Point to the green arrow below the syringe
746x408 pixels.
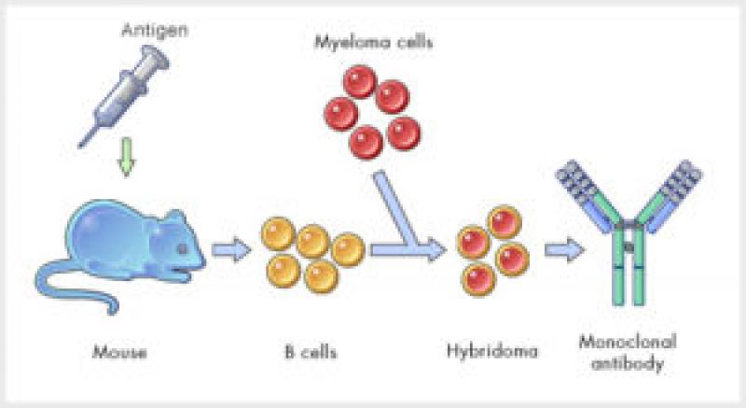129,160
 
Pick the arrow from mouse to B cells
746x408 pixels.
231,249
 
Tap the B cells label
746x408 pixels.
311,353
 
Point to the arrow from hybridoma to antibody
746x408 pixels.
562,250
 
